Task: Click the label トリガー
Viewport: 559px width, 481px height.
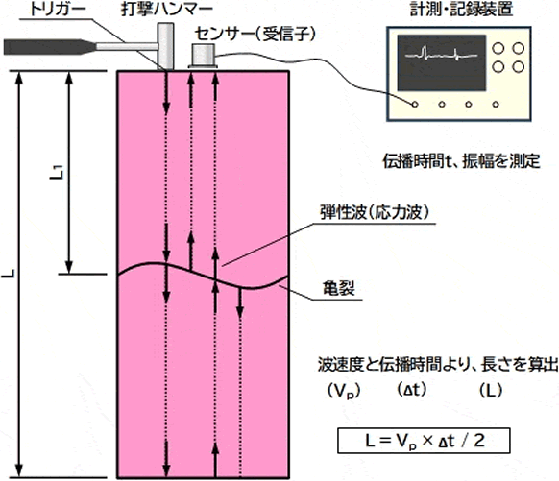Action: point(58,10)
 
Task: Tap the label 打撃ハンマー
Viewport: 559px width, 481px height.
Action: point(166,10)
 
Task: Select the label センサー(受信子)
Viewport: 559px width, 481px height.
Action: point(255,35)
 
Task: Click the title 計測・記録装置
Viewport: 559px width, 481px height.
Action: point(461,9)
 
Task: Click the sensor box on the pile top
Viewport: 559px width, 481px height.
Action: point(203,56)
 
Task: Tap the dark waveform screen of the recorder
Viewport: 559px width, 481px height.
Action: point(442,62)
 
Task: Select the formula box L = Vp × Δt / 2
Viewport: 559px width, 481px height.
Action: point(424,441)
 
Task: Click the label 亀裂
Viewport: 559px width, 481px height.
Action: point(339,288)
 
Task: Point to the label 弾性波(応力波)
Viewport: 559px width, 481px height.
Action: point(375,213)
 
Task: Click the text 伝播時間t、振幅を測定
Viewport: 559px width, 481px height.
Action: point(462,161)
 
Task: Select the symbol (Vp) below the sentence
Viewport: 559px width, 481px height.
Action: point(344,391)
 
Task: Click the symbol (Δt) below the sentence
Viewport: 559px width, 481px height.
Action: point(411,390)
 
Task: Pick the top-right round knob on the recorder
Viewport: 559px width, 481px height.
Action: point(518,48)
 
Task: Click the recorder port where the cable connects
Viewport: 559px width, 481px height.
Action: point(414,105)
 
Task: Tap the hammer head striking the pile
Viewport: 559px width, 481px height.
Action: point(166,47)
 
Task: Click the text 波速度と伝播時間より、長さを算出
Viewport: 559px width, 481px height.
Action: point(438,365)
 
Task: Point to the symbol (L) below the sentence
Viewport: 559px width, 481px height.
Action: point(491,390)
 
